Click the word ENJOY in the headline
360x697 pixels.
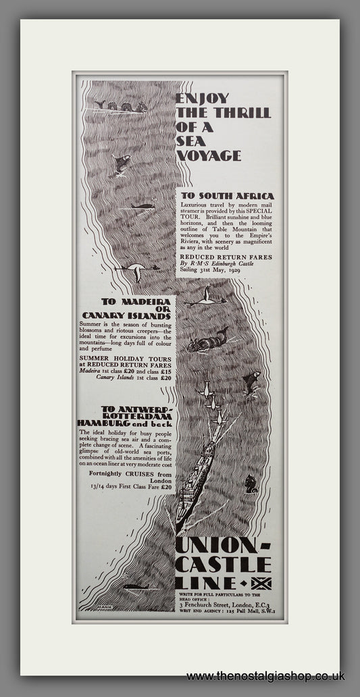pyautogui.click(x=193, y=98)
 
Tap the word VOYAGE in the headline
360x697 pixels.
pyautogui.click(x=208, y=155)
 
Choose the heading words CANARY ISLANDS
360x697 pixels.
pyautogui.click(x=126, y=315)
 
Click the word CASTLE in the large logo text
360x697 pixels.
pyautogui.click(x=223, y=564)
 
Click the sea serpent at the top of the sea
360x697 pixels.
pyautogui.click(x=121, y=106)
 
